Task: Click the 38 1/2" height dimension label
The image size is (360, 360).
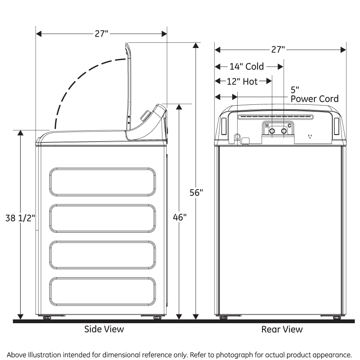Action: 20,218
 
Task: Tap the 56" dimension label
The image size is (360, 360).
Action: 196,192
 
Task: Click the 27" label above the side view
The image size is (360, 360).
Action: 102,34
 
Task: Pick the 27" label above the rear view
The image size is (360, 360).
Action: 278,50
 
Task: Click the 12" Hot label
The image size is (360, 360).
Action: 242,82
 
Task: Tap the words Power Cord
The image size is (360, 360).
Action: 314,99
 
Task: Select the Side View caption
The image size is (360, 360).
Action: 104,329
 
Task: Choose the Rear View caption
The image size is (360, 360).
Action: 282,329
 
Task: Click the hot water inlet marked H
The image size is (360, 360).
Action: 272,131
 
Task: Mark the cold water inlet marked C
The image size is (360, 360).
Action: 284,131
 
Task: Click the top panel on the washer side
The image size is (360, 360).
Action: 103,182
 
